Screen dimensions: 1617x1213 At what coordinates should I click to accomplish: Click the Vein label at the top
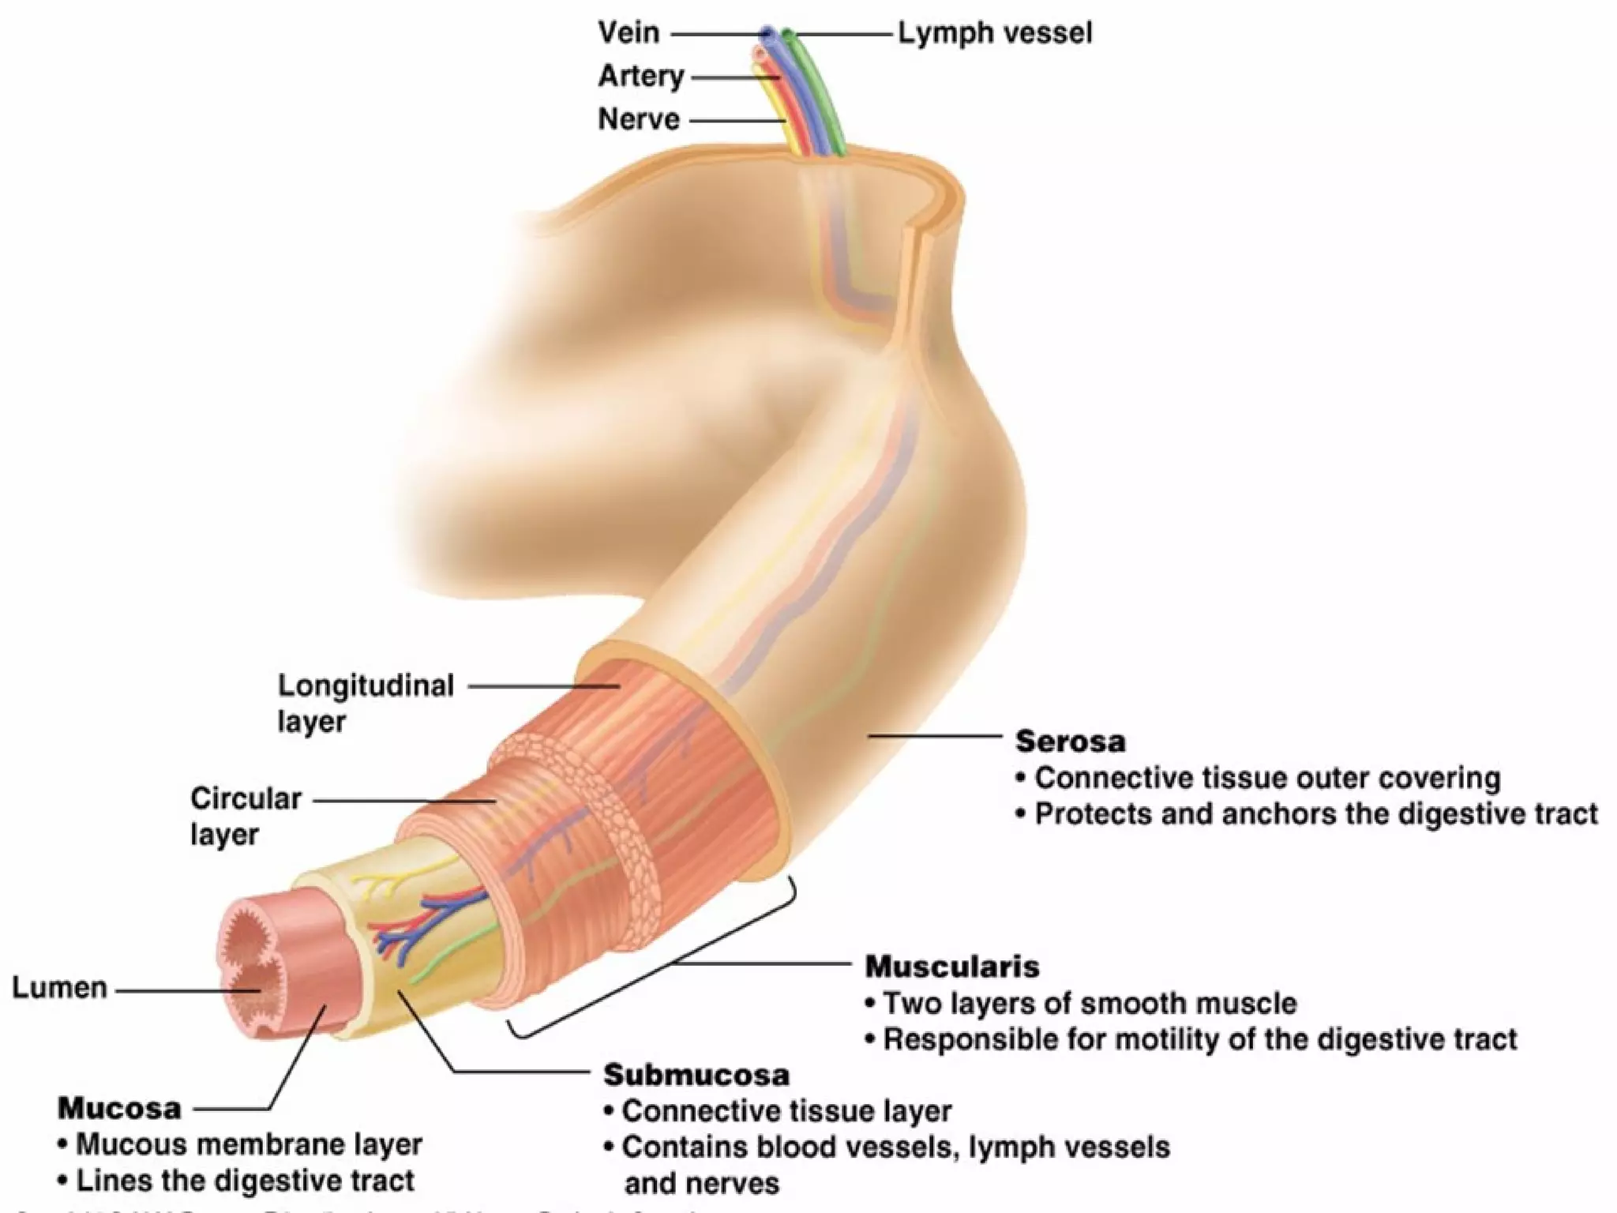point(628,33)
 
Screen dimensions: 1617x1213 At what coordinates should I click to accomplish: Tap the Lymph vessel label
point(995,33)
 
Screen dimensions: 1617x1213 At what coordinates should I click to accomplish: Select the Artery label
point(640,77)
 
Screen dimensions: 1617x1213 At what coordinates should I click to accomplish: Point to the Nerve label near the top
point(639,119)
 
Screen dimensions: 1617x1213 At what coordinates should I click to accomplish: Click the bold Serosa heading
point(1070,741)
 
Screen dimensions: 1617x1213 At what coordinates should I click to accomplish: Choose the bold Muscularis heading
point(951,966)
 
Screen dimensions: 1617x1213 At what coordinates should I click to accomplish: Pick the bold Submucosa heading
point(696,1075)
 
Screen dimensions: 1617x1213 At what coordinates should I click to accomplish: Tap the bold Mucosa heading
point(119,1108)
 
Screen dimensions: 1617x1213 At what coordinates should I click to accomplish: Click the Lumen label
point(59,988)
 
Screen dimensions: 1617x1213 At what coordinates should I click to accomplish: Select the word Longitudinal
point(366,685)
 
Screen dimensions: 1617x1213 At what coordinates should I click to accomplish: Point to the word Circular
point(246,798)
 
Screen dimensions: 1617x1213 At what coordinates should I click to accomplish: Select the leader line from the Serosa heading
point(936,736)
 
